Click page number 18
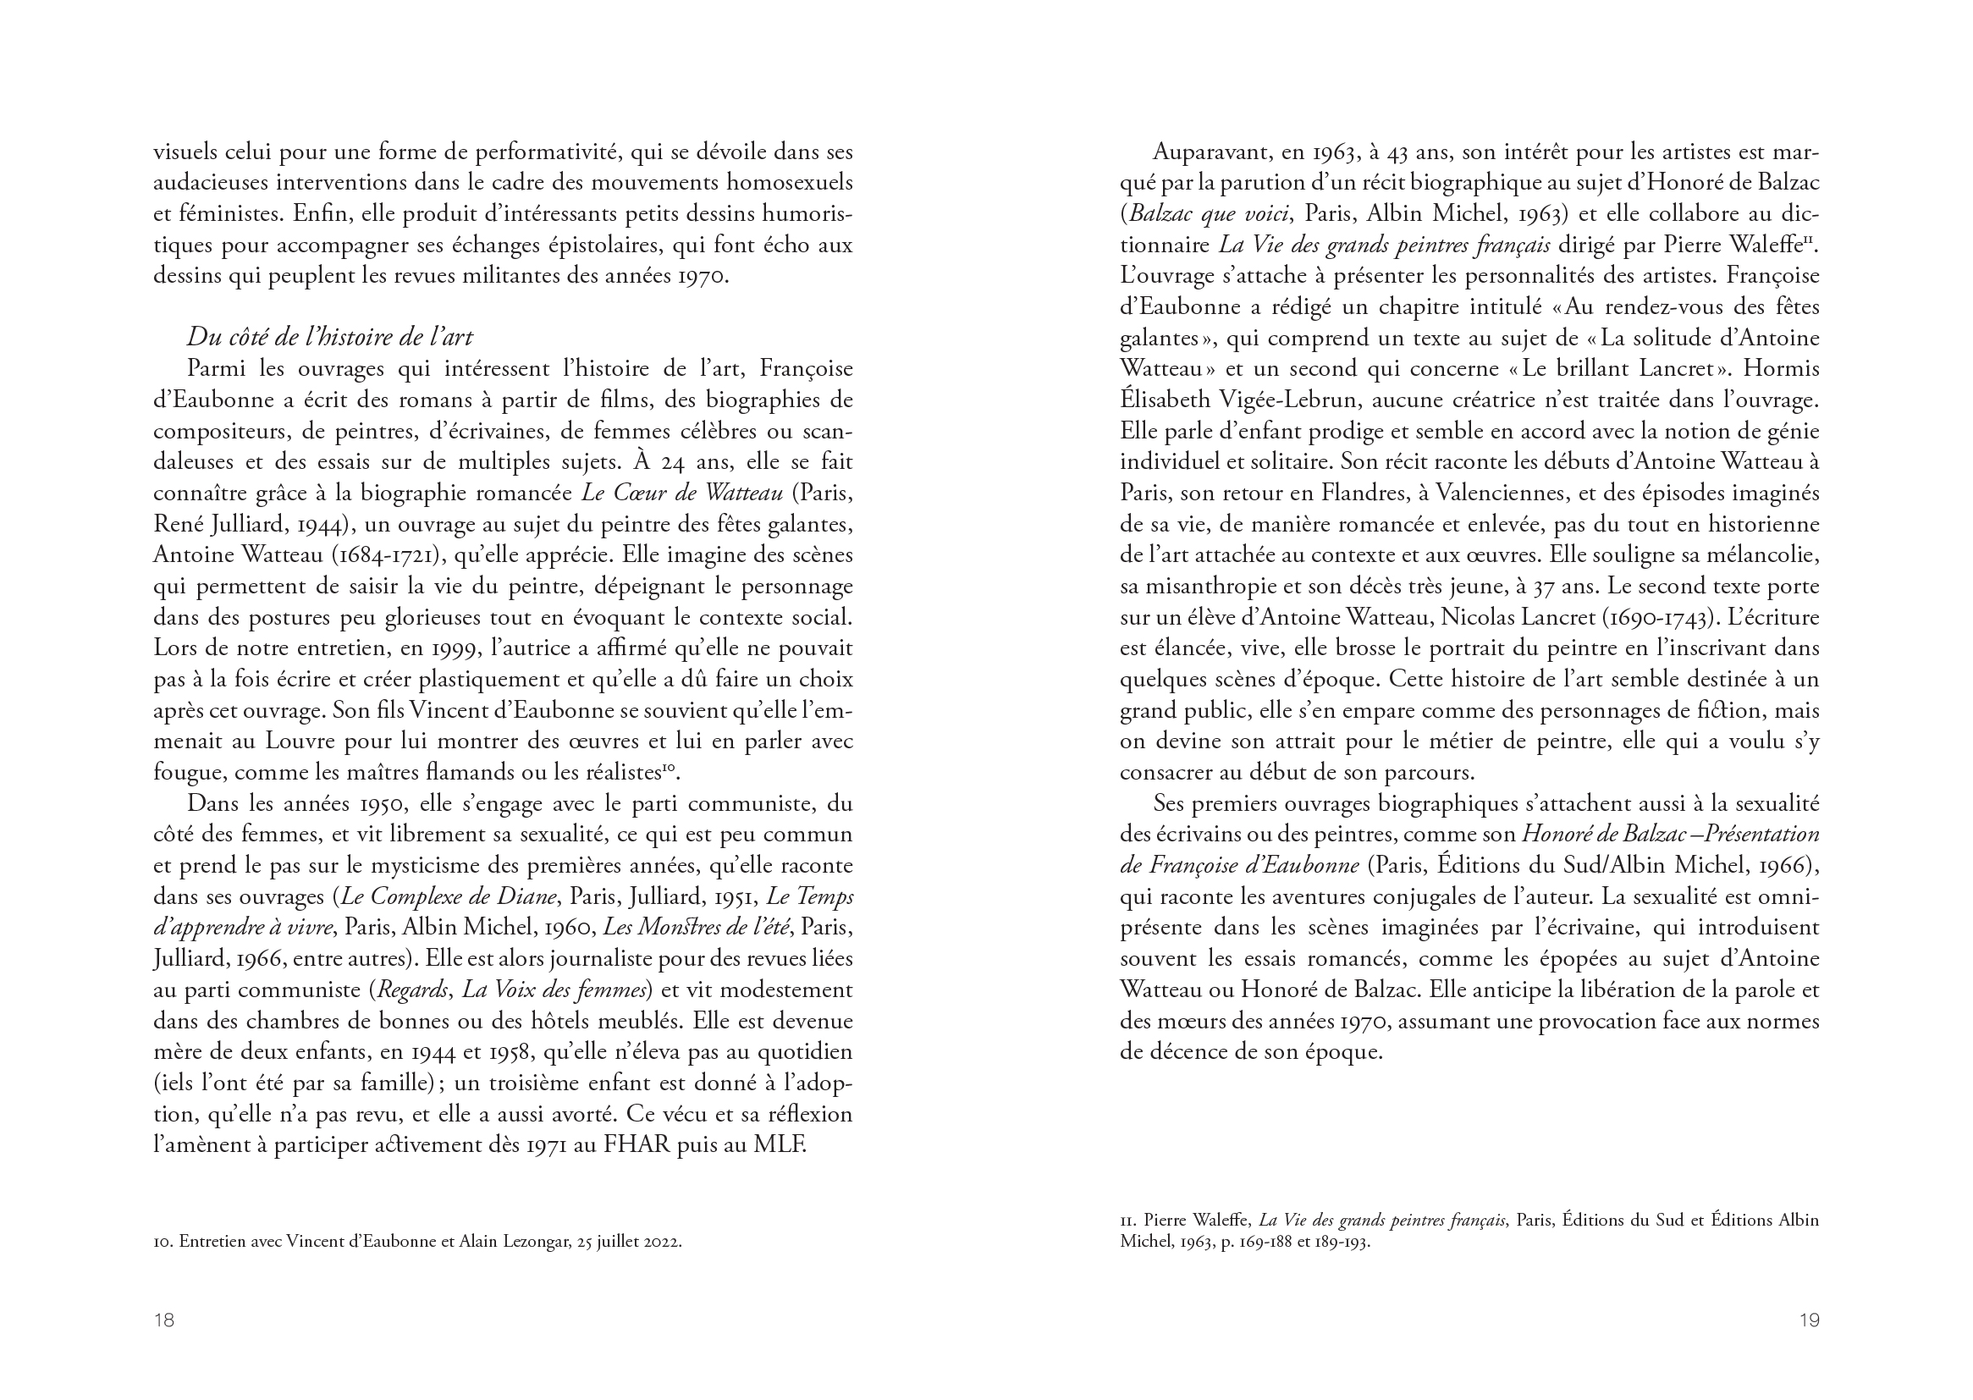pyautogui.click(x=163, y=1320)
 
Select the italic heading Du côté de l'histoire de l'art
pyautogui.click(x=330, y=337)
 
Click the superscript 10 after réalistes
pyautogui.click(x=669, y=767)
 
